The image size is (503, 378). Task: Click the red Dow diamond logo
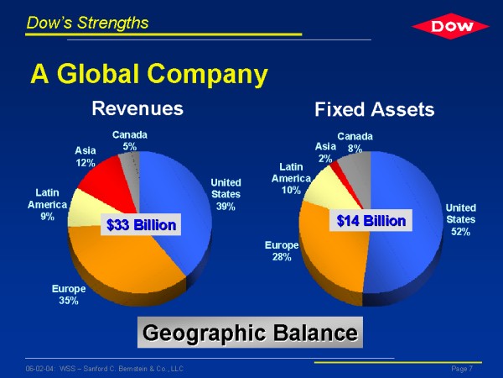click(x=450, y=26)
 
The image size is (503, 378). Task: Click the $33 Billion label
click(x=141, y=224)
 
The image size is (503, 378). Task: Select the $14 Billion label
click(x=371, y=220)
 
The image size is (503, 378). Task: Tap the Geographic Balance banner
click(x=250, y=333)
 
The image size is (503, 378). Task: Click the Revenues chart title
click(x=137, y=108)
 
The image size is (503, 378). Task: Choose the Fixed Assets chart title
click(x=375, y=109)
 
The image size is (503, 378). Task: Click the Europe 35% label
click(x=69, y=295)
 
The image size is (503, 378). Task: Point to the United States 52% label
click(x=460, y=219)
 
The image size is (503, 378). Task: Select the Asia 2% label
click(x=325, y=152)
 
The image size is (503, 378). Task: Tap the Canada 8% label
click(x=355, y=143)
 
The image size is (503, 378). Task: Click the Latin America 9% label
click(x=47, y=204)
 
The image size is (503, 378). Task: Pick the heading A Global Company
click(x=149, y=74)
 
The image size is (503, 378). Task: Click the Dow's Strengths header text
click(x=87, y=23)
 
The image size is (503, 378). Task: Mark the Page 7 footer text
click(x=462, y=369)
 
